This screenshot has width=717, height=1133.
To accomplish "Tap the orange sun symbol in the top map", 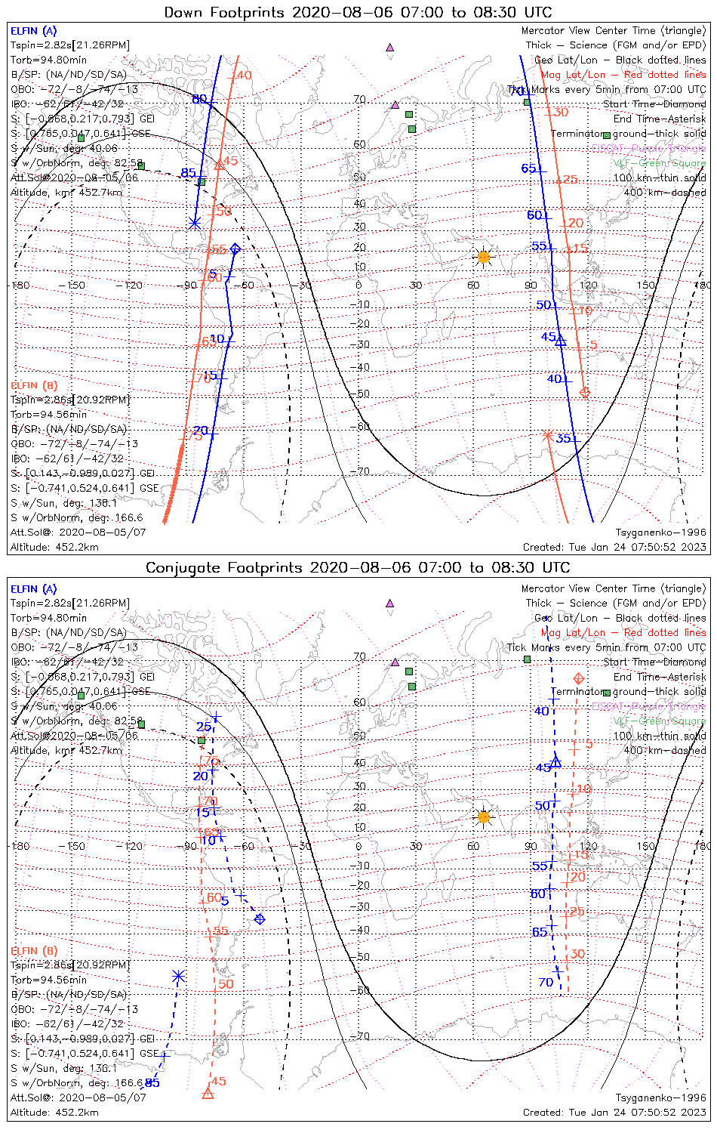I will (x=483, y=258).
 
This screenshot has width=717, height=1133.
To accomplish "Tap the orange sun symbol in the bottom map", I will (x=483, y=817).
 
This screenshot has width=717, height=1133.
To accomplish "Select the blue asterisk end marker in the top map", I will (x=195, y=223).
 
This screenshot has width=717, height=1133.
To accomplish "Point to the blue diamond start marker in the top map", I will (x=235, y=249).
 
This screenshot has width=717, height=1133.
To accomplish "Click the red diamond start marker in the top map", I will (x=584, y=391).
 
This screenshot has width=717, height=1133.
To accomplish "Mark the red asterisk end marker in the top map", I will (x=548, y=435).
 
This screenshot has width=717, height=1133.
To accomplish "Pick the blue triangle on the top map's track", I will (x=560, y=341).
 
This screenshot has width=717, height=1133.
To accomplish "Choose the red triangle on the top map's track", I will (x=219, y=164).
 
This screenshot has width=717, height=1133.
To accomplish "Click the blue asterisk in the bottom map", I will (x=178, y=977).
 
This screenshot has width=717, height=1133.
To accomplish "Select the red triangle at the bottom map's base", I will (x=208, y=1093).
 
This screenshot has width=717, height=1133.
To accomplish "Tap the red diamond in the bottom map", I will (x=579, y=678).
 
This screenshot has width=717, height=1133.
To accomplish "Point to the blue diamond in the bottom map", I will (x=260, y=919).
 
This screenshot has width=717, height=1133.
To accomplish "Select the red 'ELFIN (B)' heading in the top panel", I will (x=34, y=385).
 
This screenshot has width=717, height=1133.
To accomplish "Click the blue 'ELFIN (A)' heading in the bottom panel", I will (x=34, y=589).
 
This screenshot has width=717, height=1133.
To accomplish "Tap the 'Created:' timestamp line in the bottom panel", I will (x=614, y=1113).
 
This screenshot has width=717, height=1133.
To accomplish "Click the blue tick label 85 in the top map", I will (x=188, y=174).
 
